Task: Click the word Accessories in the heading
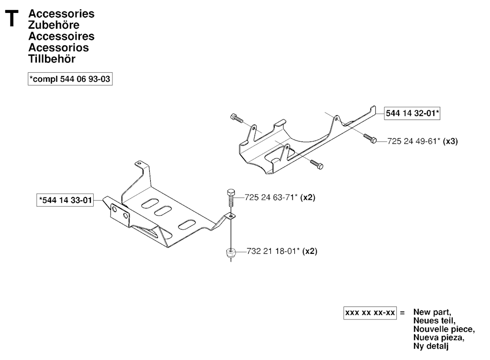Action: click(x=61, y=14)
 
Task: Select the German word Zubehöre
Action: click(x=54, y=25)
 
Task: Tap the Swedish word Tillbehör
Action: click(x=52, y=59)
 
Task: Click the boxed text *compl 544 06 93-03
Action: click(x=71, y=79)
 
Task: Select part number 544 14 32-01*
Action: click(x=412, y=113)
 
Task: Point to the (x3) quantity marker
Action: click(x=451, y=141)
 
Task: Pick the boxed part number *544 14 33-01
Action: click(x=65, y=199)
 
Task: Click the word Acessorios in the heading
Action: click(x=58, y=47)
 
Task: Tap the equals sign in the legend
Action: click(x=402, y=313)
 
